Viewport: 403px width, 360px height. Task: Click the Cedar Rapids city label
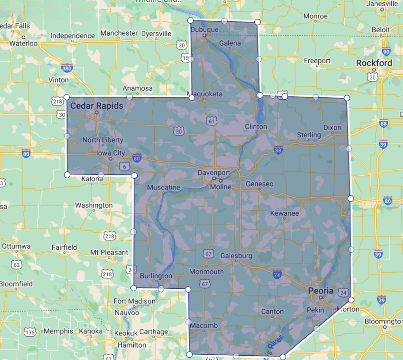[97, 106]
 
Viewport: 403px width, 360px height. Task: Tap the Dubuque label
[204, 29]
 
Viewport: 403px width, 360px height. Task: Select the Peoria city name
[321, 291]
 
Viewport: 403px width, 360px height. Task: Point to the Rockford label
[374, 63]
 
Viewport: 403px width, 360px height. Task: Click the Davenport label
[214, 173]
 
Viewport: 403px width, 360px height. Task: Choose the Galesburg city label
[236, 256]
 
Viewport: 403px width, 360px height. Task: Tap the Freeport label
[317, 61]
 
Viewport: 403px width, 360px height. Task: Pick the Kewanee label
[284, 213]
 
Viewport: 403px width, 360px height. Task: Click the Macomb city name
[204, 325]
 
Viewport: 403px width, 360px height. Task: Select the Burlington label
[156, 276]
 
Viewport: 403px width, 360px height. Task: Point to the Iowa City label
[110, 153]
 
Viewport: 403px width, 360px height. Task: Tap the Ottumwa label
[16, 246]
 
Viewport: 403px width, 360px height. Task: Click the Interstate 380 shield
[67, 68]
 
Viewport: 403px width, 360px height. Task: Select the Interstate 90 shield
[386, 51]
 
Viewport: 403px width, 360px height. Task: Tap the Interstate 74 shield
[277, 274]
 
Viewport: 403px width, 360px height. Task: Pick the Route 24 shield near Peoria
[343, 293]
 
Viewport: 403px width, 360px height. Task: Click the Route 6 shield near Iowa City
[124, 166]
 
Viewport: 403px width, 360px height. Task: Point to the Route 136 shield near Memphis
[30, 332]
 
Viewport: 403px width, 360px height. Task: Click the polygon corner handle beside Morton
[351, 300]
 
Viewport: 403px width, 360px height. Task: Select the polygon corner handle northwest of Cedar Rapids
[67, 97]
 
